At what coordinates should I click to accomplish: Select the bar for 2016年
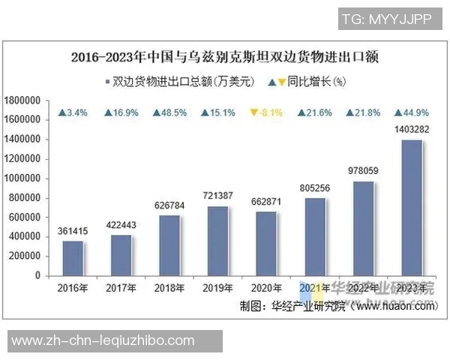click(73, 258)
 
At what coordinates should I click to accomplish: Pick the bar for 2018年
click(169, 245)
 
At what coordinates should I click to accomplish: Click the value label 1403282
click(411, 130)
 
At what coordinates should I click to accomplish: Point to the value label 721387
click(217, 196)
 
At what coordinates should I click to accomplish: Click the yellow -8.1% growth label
click(265, 113)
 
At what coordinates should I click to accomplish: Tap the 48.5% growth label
click(169, 113)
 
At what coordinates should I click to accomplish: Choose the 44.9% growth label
click(411, 113)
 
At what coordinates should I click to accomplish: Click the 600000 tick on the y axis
click(24, 217)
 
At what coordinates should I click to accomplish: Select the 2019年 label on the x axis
click(217, 288)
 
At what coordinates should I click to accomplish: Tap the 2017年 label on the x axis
click(121, 288)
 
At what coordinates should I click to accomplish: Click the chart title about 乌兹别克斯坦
click(225, 57)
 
